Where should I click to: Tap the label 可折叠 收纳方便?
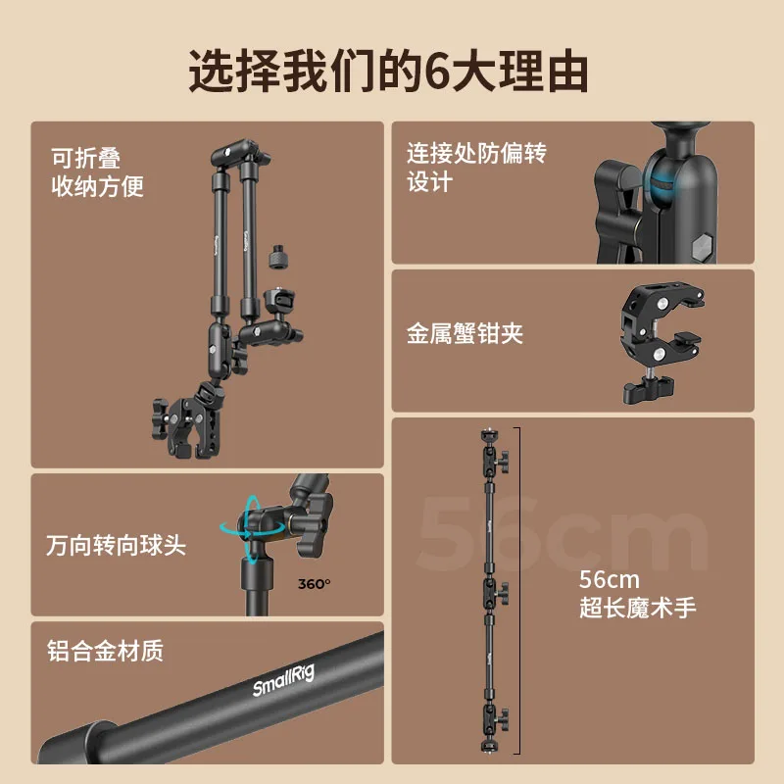[97, 172]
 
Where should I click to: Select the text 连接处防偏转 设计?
[476, 167]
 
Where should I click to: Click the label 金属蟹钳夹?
[465, 333]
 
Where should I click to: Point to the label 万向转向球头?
[116, 545]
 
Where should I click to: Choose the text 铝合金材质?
[105, 651]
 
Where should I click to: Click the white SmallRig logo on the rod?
[283, 681]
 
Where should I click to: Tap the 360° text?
[314, 584]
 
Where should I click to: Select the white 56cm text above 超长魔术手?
[609, 580]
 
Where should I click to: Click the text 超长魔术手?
[638, 608]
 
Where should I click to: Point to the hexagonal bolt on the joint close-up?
[702, 245]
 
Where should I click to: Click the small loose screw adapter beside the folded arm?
[277, 257]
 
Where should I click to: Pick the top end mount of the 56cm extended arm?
[488, 435]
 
